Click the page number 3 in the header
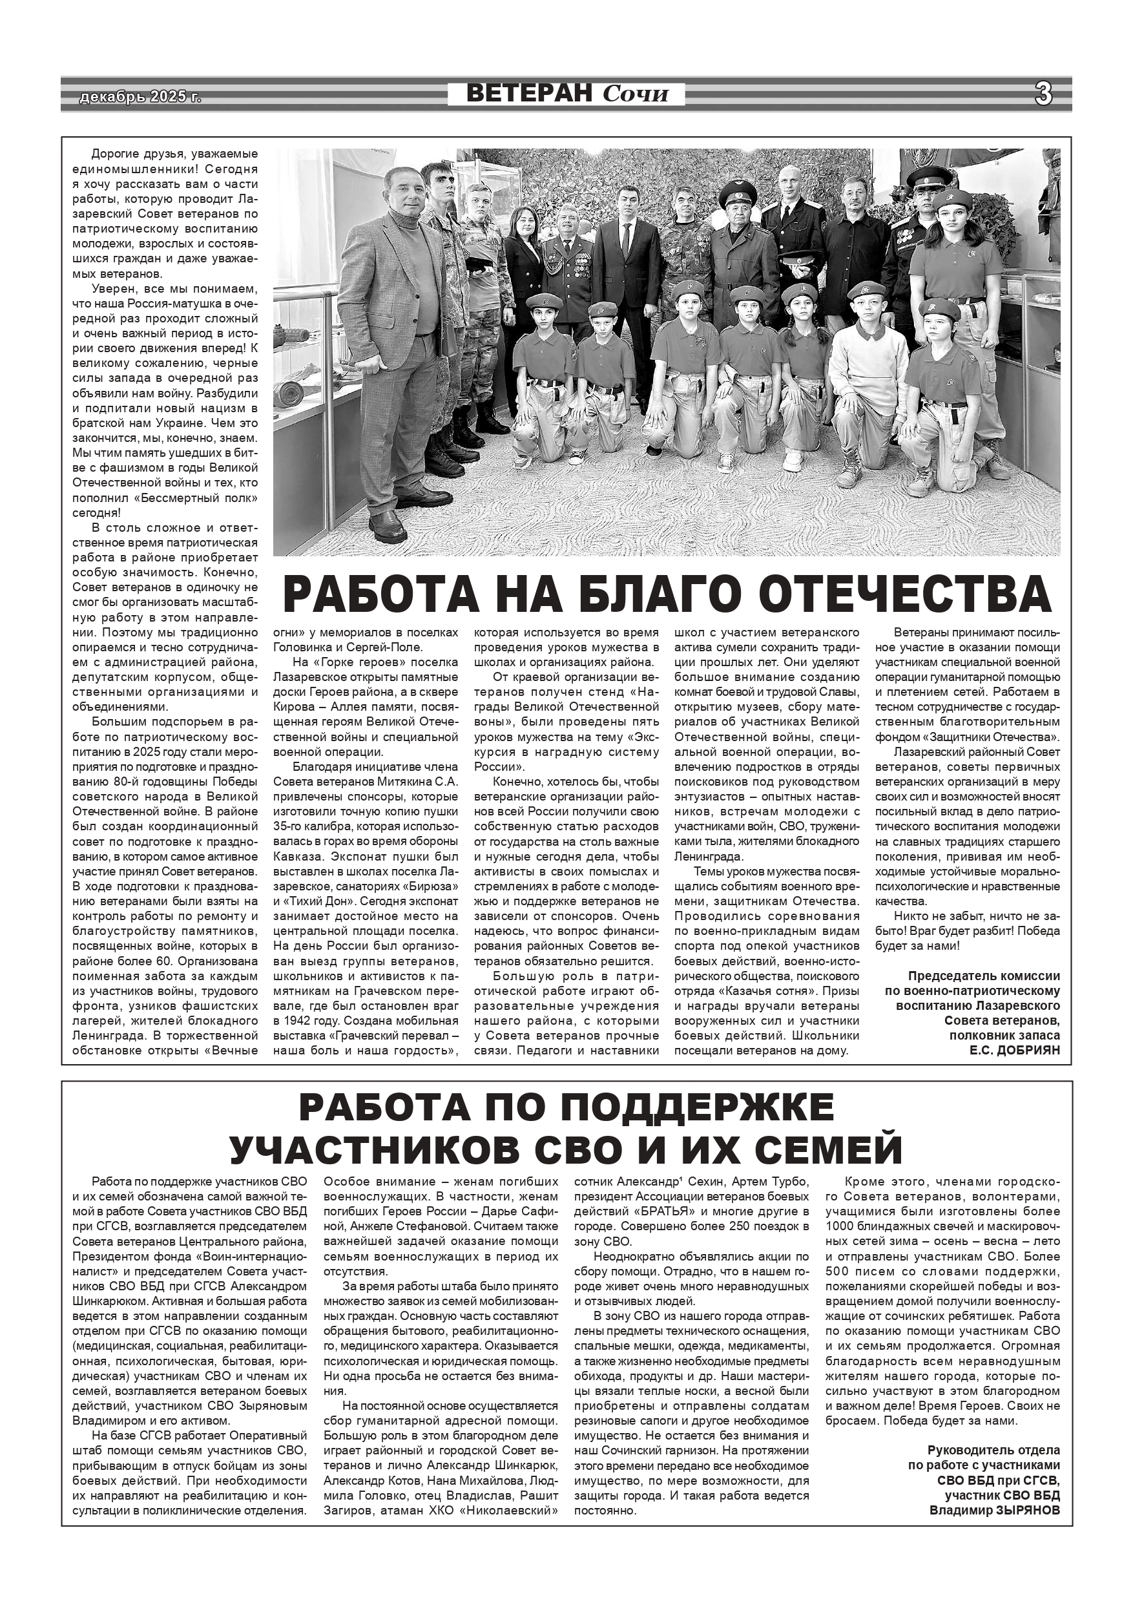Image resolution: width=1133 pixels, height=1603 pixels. pyautogui.click(x=1043, y=94)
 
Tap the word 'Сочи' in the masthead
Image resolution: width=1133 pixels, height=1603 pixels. pyautogui.click(x=635, y=94)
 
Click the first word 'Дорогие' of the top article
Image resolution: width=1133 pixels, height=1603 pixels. pyautogui.click(x=114, y=154)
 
